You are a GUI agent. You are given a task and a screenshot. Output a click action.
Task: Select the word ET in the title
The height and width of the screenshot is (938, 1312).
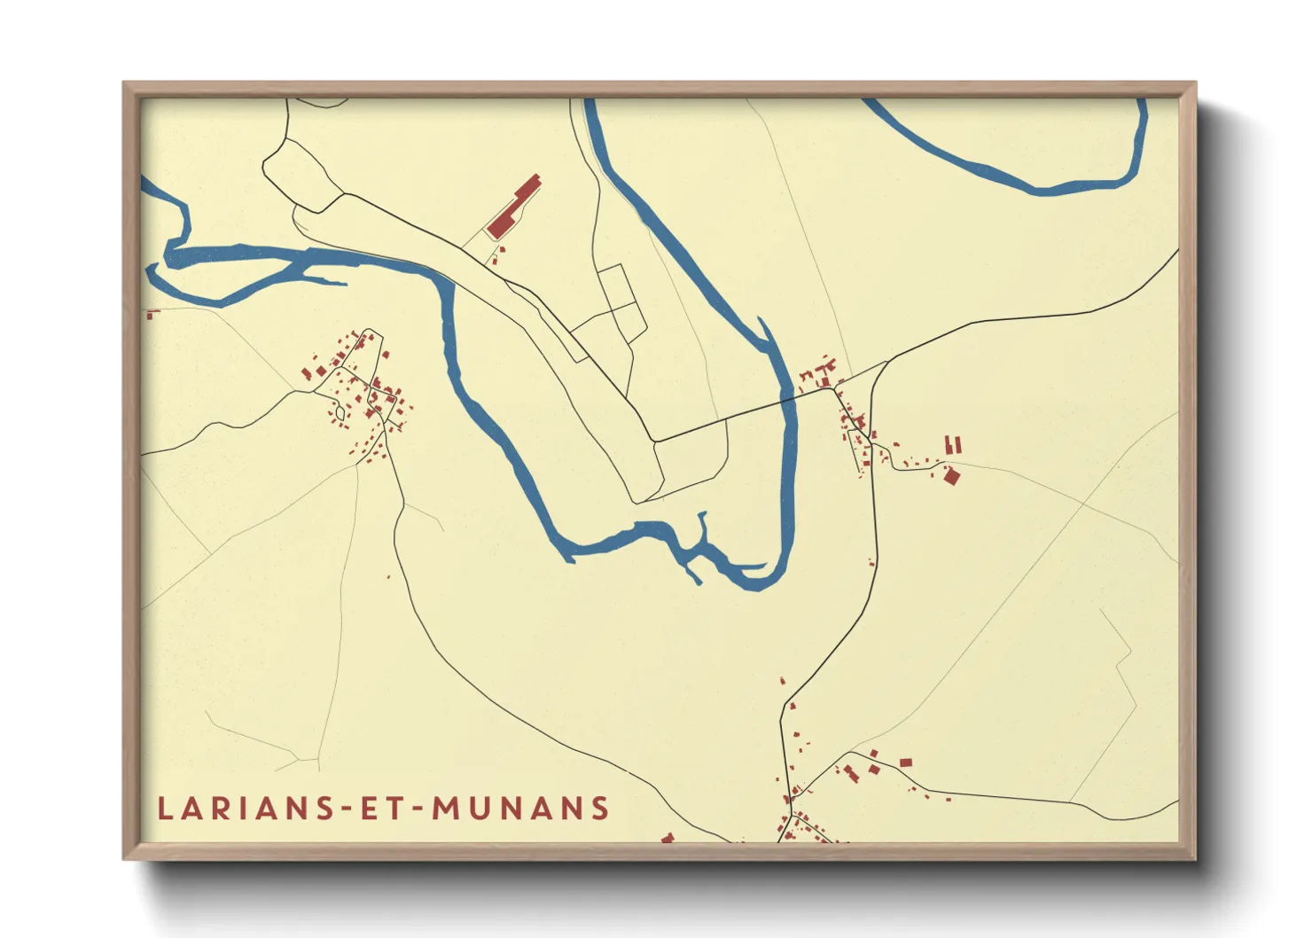coord(384,809)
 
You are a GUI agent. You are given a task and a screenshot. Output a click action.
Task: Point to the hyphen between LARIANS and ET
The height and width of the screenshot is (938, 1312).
coord(348,809)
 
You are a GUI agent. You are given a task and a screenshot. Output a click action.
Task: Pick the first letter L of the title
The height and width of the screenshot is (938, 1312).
coord(165,809)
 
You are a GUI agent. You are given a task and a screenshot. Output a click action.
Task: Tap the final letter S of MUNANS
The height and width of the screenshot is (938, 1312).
coord(602,809)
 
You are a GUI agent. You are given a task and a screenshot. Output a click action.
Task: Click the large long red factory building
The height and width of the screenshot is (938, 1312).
coord(513,207)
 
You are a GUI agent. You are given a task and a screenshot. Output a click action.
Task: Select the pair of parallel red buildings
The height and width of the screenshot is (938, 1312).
coord(953,445)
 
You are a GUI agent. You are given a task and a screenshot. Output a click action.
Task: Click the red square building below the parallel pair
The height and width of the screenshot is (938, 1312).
coord(952,477)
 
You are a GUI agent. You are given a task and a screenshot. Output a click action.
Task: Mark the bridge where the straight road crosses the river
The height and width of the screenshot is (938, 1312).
coord(787,400)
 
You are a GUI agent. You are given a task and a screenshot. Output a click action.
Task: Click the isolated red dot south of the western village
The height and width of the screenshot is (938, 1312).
coord(388,578)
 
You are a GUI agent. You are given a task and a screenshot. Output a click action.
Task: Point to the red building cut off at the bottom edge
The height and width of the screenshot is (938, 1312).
coord(668,837)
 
